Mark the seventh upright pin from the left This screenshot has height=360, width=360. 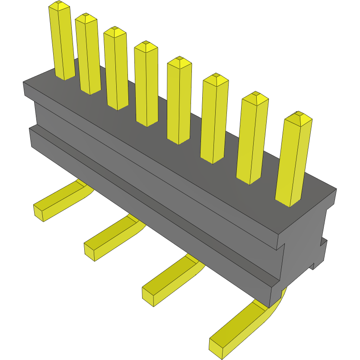click(252, 138)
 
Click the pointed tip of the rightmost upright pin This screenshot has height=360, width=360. click(298, 116)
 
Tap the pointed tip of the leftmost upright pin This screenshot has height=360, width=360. click(59, 5)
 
